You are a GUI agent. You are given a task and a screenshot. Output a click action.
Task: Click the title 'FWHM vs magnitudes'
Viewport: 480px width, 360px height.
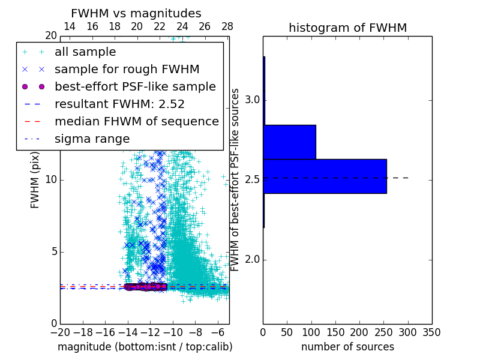tap(136, 13)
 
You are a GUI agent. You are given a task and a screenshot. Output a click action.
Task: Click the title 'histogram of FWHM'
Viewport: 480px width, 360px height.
tap(347, 28)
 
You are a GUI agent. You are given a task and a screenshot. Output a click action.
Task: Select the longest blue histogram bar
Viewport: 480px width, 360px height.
tap(325, 176)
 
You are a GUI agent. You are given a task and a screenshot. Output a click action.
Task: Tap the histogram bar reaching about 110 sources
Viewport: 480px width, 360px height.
tap(289, 142)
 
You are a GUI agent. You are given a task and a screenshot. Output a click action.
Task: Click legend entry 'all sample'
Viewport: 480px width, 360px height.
tap(85, 52)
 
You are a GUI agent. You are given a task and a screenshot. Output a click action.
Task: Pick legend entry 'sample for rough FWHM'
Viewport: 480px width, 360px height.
tap(127, 69)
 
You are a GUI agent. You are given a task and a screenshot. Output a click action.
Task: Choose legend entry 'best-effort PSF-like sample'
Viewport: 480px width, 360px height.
tap(135, 86)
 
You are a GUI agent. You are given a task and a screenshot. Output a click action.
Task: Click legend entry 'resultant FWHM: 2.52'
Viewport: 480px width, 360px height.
tap(119, 104)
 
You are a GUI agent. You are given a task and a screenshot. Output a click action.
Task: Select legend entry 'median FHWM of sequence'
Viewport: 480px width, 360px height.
tap(136, 121)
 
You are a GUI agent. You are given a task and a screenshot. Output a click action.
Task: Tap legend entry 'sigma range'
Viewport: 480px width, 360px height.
tap(92, 139)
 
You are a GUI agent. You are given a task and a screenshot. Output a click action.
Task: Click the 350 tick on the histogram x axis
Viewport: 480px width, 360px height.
tap(431, 332)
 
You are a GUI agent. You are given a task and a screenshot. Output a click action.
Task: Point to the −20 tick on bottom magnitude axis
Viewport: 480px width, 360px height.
tap(60, 332)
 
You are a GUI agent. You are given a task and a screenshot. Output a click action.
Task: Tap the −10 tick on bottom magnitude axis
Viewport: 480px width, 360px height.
tap(173, 332)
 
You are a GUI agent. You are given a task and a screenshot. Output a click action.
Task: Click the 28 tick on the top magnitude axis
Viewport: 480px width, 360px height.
tap(227, 26)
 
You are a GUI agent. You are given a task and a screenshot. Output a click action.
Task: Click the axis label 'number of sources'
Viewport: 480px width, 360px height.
tap(347, 347)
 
